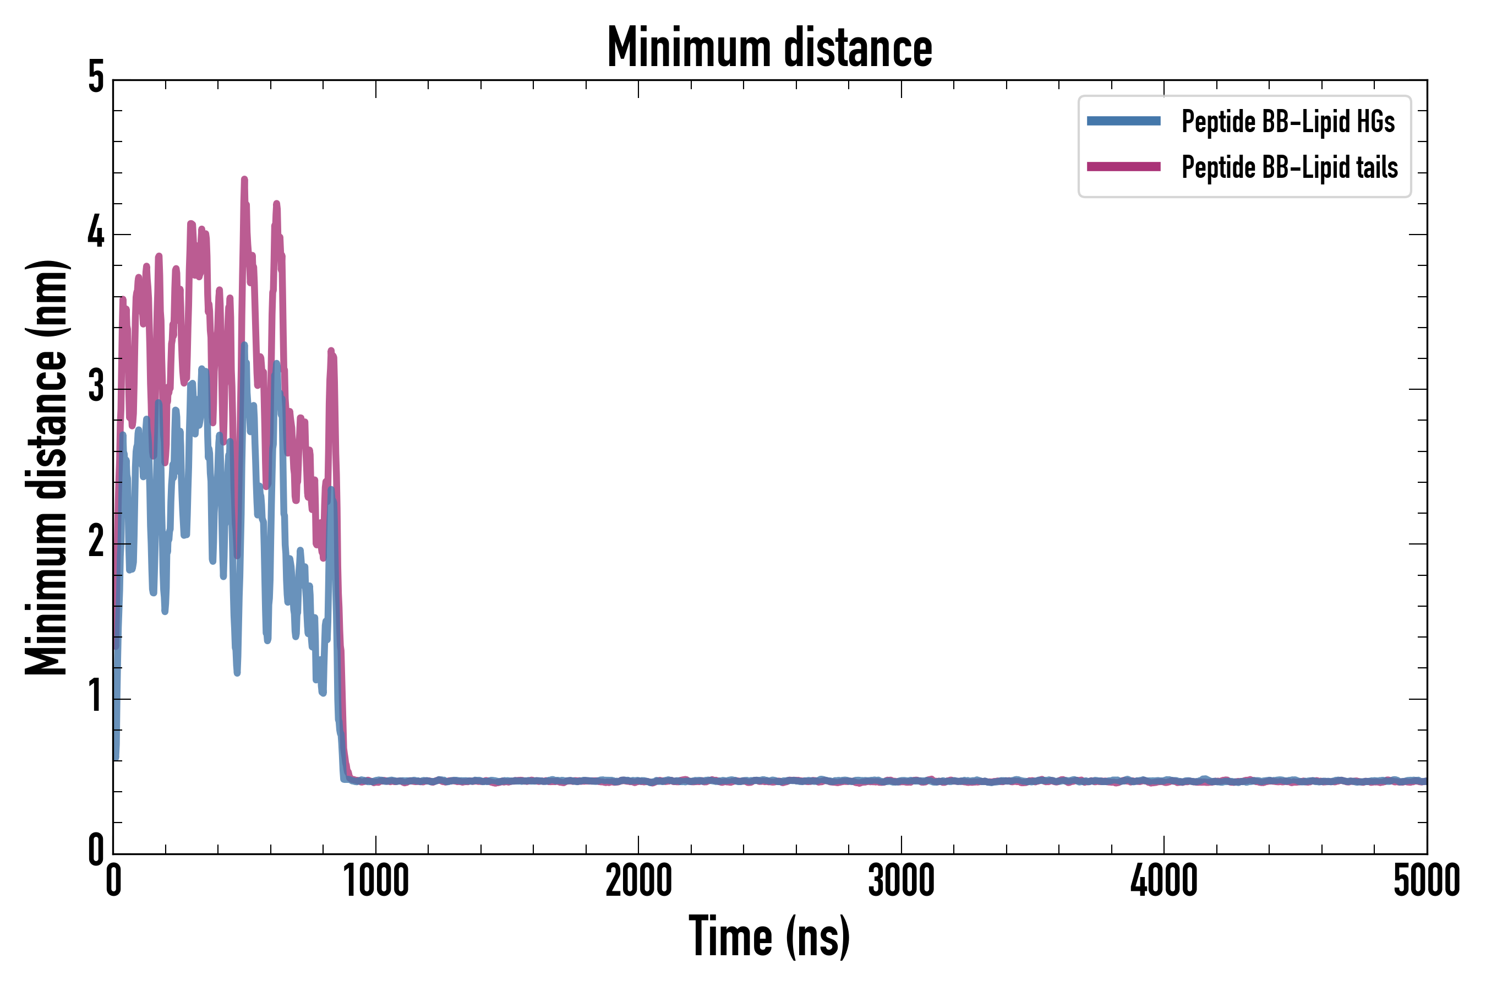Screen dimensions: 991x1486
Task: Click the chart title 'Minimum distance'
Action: pyautogui.click(x=769, y=47)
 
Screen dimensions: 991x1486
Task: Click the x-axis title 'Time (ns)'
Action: pyautogui.click(x=769, y=936)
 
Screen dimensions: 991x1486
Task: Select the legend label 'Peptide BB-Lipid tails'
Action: pyautogui.click(x=1290, y=167)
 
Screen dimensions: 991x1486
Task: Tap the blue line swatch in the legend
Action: pyautogui.click(x=1123, y=121)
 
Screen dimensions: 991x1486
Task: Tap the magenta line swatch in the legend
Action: pyautogui.click(x=1123, y=167)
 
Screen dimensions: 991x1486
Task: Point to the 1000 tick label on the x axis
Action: pyautogui.click(x=376, y=881)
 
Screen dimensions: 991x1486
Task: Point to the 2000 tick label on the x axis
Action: pyautogui.click(x=638, y=881)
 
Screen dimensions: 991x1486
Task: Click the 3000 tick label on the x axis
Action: pyautogui.click(x=901, y=881)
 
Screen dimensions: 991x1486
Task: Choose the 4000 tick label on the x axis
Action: pyautogui.click(x=1164, y=881)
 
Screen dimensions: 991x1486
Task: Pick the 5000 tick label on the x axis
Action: pyautogui.click(x=1426, y=881)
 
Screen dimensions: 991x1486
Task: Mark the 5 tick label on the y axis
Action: pyautogui.click(x=96, y=78)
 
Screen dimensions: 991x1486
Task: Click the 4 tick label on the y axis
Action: pyautogui.click(x=96, y=233)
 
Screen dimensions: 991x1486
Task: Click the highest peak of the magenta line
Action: pyautogui.click(x=244, y=180)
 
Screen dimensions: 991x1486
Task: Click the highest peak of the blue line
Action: pyautogui.click(x=244, y=346)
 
